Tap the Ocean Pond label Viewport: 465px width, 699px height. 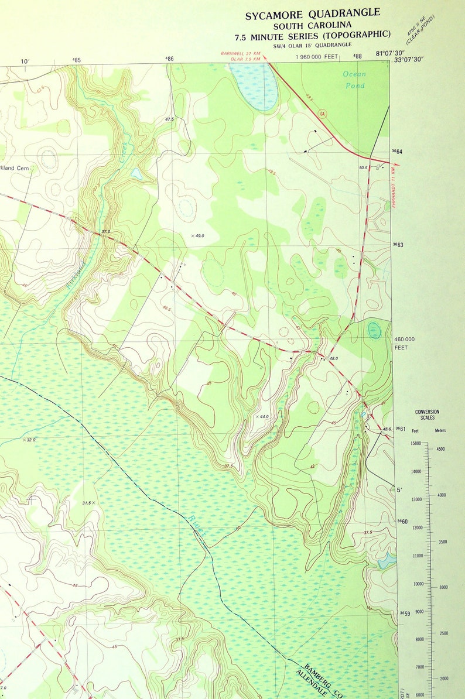click(354, 80)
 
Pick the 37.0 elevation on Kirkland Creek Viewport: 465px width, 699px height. click(105, 232)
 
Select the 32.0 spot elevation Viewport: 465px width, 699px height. click(29, 440)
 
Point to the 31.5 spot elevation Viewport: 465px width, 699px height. click(87, 502)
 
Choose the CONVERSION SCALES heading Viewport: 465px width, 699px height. click(427, 415)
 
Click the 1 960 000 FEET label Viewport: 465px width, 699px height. click(317, 57)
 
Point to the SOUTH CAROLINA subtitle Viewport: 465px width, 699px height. click(313, 25)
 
